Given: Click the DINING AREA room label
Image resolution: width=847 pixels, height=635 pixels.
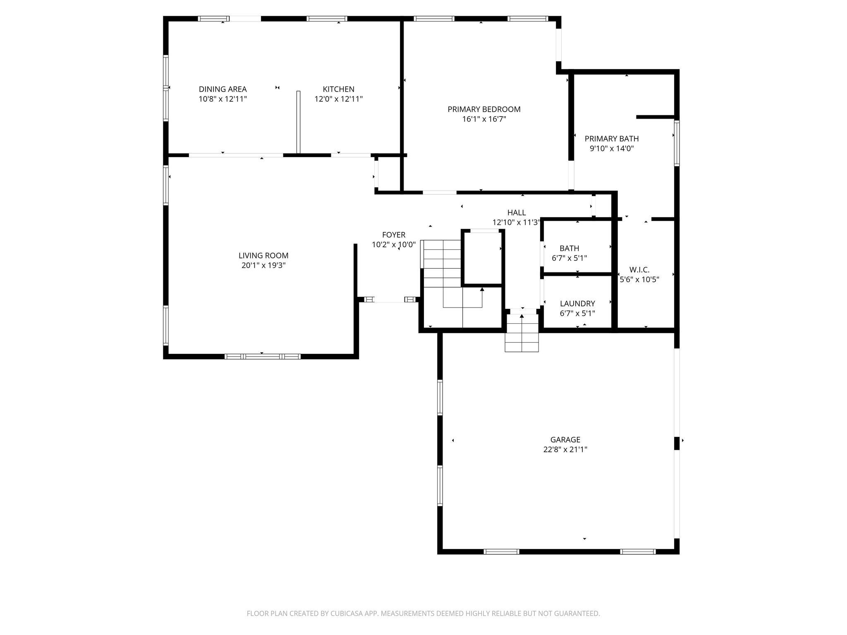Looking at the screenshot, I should (223, 89).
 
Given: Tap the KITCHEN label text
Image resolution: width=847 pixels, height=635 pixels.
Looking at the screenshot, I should (338, 89).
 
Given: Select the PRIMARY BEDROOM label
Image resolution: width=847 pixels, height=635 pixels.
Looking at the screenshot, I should (484, 109).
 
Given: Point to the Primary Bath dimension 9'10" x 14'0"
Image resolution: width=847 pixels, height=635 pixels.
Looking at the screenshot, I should (611, 148).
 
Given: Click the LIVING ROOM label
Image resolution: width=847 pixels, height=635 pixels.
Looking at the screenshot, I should (263, 255).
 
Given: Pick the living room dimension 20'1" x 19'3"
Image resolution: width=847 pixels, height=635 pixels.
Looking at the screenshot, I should (263, 265).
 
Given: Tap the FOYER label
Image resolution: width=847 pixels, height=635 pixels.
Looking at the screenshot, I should (394, 235).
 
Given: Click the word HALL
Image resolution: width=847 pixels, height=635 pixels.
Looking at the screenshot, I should (517, 212).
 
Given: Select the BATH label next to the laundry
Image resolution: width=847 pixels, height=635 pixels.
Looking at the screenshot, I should (569, 248).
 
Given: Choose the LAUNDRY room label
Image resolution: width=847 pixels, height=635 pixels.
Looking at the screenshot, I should (577, 303).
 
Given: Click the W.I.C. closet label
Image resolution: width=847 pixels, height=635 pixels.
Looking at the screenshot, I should (639, 270).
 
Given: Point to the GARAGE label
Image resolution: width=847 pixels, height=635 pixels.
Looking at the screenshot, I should (565, 439).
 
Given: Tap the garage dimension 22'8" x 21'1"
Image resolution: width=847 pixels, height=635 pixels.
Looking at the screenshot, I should (565, 449).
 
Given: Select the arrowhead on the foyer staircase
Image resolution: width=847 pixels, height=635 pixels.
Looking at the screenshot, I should (482, 289).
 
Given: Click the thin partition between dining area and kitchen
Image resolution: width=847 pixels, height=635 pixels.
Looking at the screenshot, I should (298, 122).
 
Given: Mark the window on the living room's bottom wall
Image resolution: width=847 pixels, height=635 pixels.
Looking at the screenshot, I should (263, 356).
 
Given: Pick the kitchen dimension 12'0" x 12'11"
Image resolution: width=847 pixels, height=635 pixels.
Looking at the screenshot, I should (338, 99).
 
